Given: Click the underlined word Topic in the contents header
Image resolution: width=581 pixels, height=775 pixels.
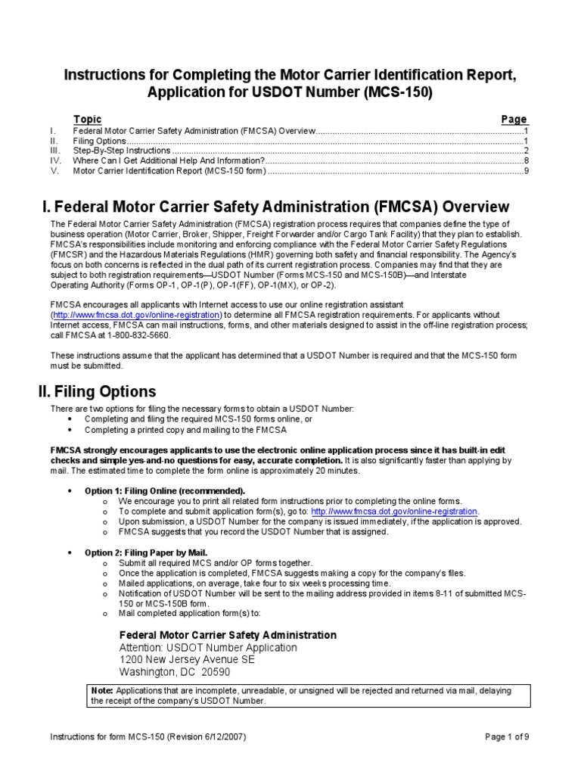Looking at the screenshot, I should pyautogui.click(x=87, y=120).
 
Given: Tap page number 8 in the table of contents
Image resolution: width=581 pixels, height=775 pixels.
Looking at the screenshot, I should pyautogui.click(x=525, y=160).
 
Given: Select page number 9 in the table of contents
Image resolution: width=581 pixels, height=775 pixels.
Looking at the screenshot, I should pyautogui.click(x=525, y=170).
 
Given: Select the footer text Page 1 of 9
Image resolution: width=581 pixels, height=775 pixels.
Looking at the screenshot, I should pyautogui.click(x=506, y=736).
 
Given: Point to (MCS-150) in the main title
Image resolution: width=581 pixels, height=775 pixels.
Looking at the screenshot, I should pyautogui.click(x=389, y=92).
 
